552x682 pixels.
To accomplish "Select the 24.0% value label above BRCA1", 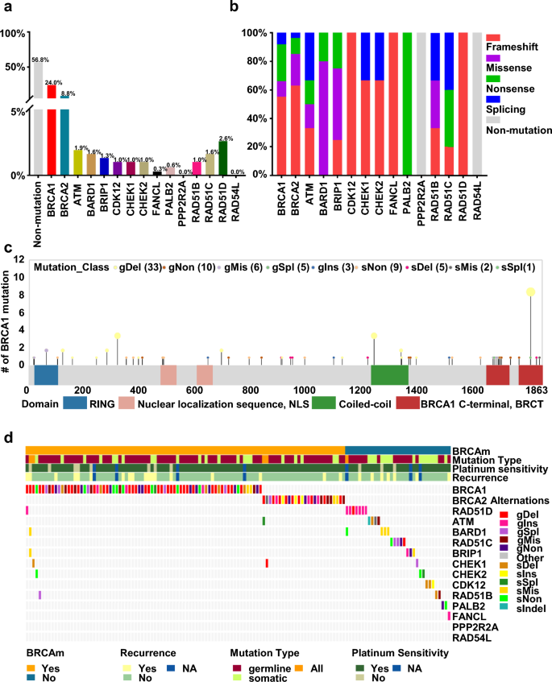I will tap(53, 82).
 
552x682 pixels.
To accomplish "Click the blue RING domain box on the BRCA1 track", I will tap(46, 376).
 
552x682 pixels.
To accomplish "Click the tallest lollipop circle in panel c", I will tap(530, 292).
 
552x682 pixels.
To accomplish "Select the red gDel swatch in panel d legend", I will tap(504, 514).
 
